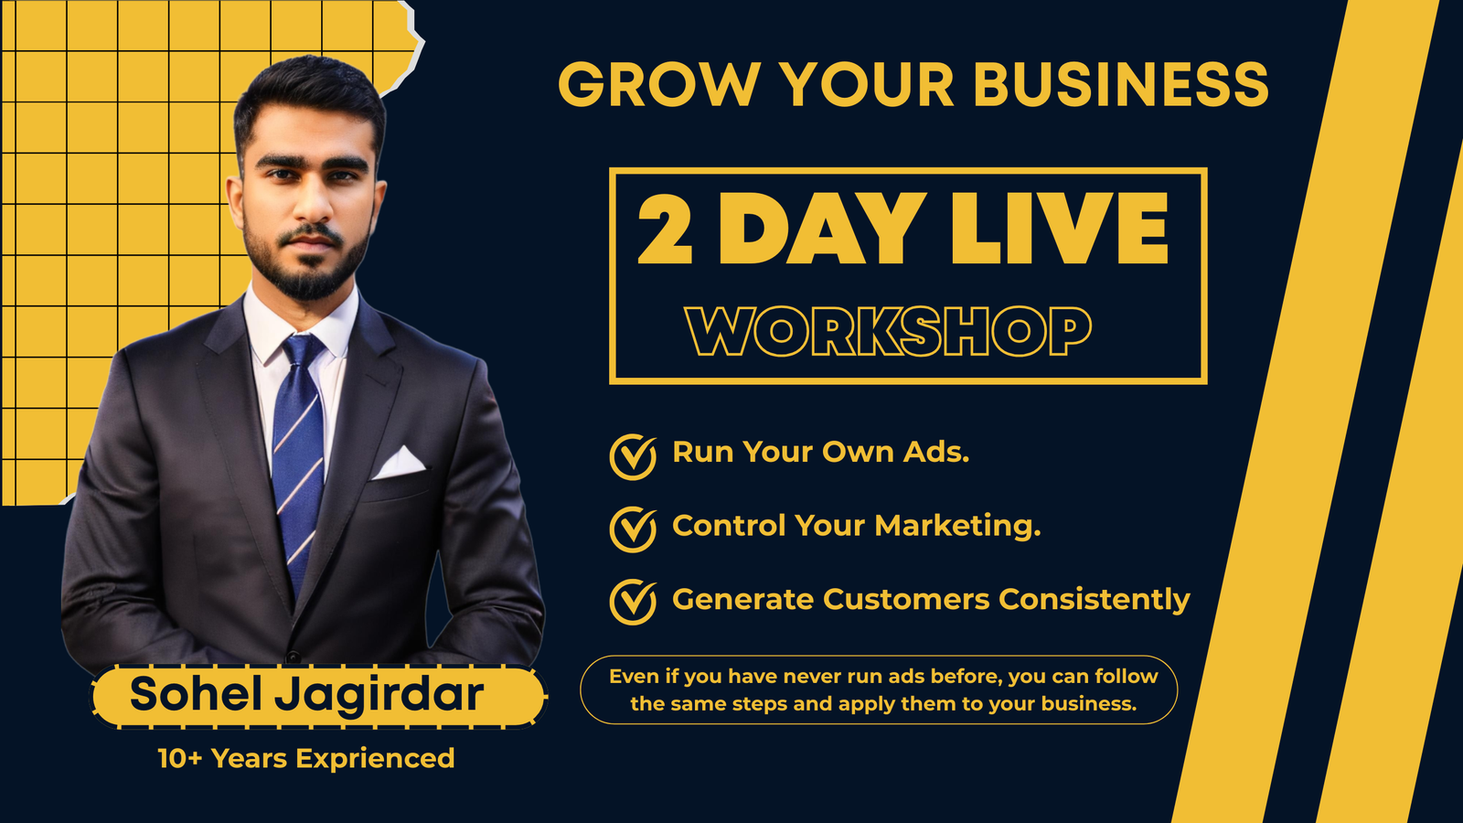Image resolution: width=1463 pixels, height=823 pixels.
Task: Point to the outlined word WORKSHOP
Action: pyautogui.click(x=888, y=331)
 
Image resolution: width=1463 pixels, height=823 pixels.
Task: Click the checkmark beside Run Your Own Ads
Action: pyautogui.click(x=633, y=456)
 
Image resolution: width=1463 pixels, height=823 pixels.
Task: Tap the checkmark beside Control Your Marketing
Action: pyautogui.click(x=633, y=529)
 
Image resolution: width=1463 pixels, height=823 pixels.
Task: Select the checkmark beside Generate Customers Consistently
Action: pyautogui.click(x=633, y=602)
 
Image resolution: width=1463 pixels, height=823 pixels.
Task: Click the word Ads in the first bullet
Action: pyautogui.click(x=936, y=452)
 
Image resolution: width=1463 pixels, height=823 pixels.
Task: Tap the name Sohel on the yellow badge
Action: pyautogui.click(x=196, y=694)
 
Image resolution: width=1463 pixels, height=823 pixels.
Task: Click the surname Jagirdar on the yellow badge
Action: pyautogui.click(x=379, y=696)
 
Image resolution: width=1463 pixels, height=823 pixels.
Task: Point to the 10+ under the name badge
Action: pyautogui.click(x=179, y=758)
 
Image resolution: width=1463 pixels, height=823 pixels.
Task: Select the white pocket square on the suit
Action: pyautogui.click(x=399, y=463)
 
